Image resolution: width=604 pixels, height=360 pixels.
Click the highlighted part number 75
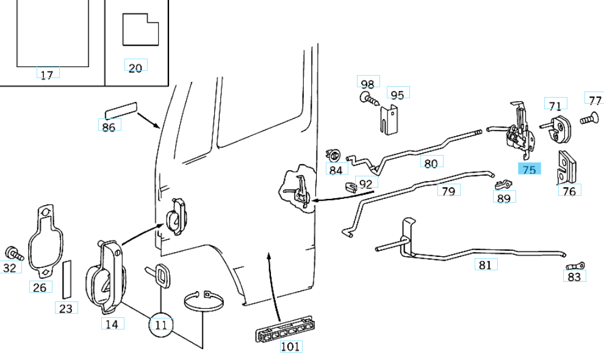coord(529,170)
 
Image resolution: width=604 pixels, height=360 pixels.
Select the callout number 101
coord(290,347)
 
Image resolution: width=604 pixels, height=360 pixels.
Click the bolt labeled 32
coord(12,251)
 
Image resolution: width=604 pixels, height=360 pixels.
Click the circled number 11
coord(160,325)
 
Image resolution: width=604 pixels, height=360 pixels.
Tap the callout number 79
coord(448,191)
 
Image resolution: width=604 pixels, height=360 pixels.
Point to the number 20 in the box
coord(135,67)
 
